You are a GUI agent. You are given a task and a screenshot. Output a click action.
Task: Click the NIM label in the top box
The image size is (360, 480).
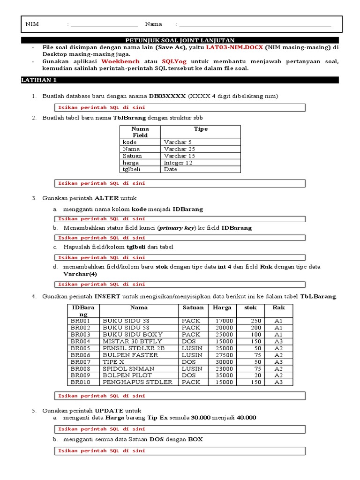click(32, 24)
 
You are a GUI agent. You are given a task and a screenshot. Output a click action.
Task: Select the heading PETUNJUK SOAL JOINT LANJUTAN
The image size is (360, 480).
click(180, 40)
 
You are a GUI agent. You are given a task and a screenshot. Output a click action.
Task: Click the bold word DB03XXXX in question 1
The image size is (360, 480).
click(167, 96)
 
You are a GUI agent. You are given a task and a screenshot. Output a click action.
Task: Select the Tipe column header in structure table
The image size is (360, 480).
click(200, 129)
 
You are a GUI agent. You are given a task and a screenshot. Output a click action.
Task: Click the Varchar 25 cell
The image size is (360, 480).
click(180, 149)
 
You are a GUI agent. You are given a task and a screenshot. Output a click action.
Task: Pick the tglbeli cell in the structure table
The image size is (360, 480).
click(131, 169)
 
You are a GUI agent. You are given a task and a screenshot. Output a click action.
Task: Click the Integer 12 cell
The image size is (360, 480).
click(180, 163)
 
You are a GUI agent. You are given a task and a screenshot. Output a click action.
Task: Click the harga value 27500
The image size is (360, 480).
click(224, 355)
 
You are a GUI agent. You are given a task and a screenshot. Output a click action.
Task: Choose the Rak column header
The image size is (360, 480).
click(278, 308)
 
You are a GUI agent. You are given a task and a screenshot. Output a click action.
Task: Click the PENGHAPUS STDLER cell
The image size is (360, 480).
click(137, 382)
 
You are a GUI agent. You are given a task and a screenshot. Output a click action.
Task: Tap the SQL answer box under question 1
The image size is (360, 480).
click(180, 107)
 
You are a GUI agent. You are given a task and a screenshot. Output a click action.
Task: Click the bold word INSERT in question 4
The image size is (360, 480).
click(107, 297)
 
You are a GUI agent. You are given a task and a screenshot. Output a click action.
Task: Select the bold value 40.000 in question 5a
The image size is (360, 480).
click(247, 417)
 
